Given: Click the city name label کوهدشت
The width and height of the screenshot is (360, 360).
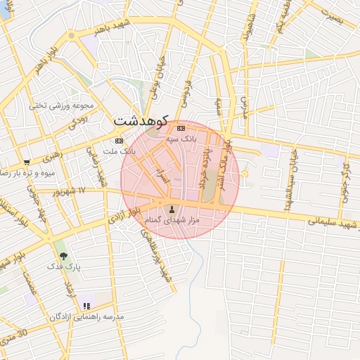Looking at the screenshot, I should pos(142,120).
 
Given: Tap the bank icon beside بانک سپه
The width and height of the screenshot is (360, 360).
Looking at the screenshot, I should pos(181,129).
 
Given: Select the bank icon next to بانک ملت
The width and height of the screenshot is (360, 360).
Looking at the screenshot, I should pos(119,140).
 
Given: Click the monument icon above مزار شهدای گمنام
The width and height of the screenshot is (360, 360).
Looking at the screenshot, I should pos(172,210).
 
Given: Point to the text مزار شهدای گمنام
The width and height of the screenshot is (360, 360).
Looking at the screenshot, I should pos(172,221).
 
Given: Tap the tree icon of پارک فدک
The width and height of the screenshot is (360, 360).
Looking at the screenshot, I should pos(64,257).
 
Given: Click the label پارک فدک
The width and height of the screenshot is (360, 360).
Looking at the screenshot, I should pos(64,267).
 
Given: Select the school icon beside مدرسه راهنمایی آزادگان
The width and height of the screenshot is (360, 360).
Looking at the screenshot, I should pos(86,306).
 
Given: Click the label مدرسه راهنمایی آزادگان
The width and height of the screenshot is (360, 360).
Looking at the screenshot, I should pos(86,317).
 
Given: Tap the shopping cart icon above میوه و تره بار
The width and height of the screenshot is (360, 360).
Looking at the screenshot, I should pos(27,162).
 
